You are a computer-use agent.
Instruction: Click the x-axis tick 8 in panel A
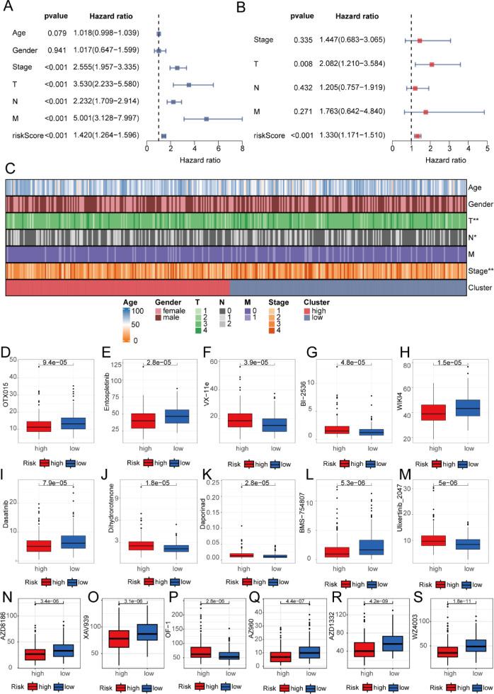(x=242, y=149)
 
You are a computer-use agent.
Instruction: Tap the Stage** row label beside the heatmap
(x=481, y=270)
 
